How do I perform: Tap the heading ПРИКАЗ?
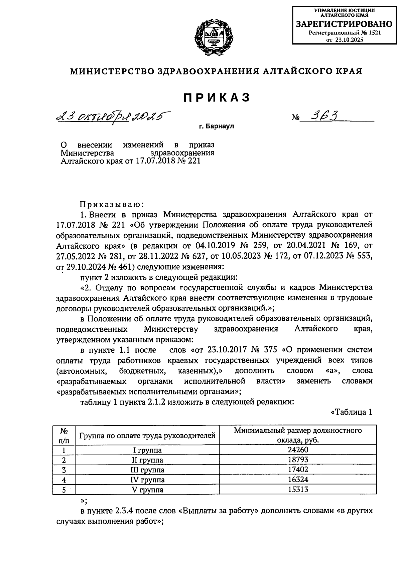(217, 97)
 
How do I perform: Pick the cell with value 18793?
(298, 460)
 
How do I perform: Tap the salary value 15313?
(298, 490)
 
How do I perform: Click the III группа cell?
(147, 470)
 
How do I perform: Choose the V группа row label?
(147, 490)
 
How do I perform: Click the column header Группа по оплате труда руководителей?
(147, 436)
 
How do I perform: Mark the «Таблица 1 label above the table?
(351, 412)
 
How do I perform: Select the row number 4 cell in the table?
(64, 480)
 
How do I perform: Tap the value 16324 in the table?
(298, 480)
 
